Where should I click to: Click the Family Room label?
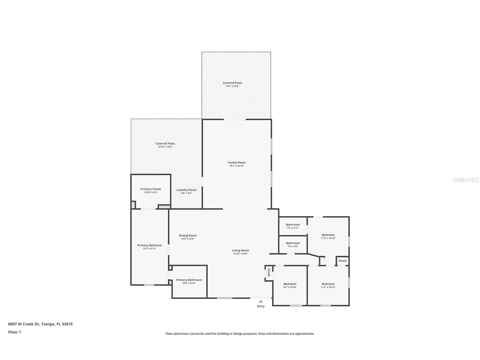click(237, 162)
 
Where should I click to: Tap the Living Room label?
click(240, 250)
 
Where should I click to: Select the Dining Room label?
click(188, 235)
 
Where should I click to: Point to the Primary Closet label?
click(151, 189)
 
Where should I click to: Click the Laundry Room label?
click(186, 190)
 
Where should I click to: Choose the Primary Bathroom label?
click(189, 280)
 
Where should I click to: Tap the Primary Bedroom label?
click(149, 245)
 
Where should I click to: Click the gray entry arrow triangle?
click(261, 301)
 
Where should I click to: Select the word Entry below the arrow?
click(261, 306)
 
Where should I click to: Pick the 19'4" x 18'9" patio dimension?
click(233, 86)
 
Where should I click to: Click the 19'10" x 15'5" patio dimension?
click(165, 147)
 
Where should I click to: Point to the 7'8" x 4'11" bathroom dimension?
click(293, 228)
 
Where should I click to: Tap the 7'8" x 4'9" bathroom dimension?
click(293, 246)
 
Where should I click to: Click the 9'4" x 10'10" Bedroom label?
click(290, 284)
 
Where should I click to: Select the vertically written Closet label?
click(269, 273)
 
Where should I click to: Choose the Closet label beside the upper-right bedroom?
click(343, 261)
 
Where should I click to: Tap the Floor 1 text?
click(14, 332)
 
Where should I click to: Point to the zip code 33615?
click(67, 324)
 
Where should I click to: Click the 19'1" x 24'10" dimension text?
click(237, 166)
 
